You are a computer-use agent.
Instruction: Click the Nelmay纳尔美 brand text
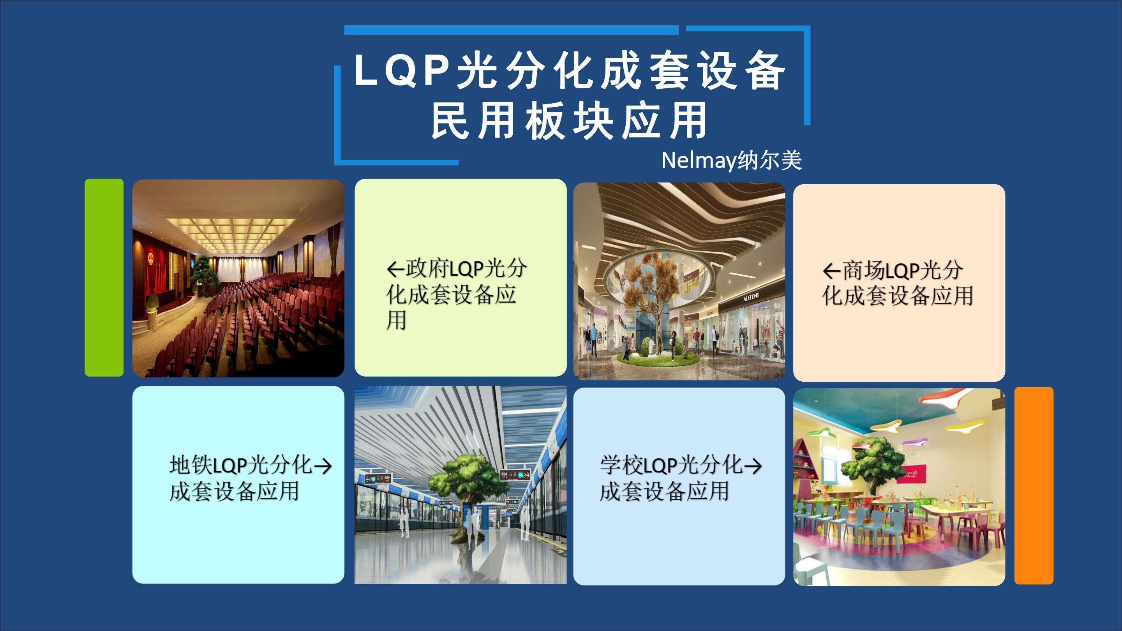click(x=731, y=161)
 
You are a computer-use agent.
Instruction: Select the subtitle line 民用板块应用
click(x=569, y=121)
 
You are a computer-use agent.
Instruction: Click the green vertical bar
click(x=104, y=277)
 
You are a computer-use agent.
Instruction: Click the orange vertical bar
click(x=1034, y=485)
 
